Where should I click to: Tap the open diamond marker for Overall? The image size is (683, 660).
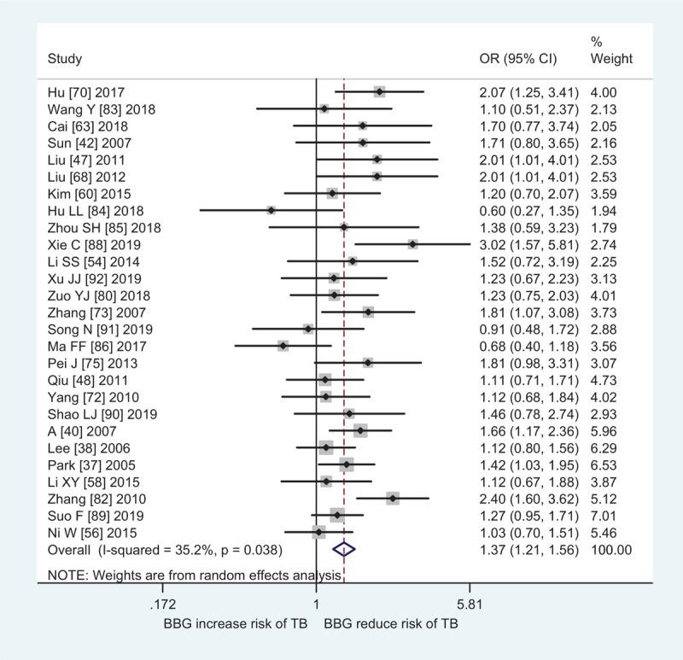pyautogui.click(x=344, y=549)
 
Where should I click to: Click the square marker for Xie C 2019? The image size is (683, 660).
pyautogui.click(x=413, y=244)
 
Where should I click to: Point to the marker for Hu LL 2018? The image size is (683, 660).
pyautogui.click(x=271, y=210)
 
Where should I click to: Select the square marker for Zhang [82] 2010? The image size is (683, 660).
pyautogui.click(x=393, y=498)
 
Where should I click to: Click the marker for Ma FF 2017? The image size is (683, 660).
pyautogui.click(x=283, y=346)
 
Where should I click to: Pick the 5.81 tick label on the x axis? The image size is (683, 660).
pyautogui.click(x=470, y=605)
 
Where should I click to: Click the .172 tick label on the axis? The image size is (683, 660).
pyautogui.click(x=162, y=605)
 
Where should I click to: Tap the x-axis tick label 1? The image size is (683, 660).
pyautogui.click(x=317, y=605)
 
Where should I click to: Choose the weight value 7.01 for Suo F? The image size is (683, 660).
pyautogui.click(x=604, y=515)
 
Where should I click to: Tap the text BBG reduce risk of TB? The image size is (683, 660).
pyautogui.click(x=390, y=623)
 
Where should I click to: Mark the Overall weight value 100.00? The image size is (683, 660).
pyautogui.click(x=610, y=549)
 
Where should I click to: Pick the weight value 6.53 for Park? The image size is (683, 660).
pyautogui.click(x=604, y=464)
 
